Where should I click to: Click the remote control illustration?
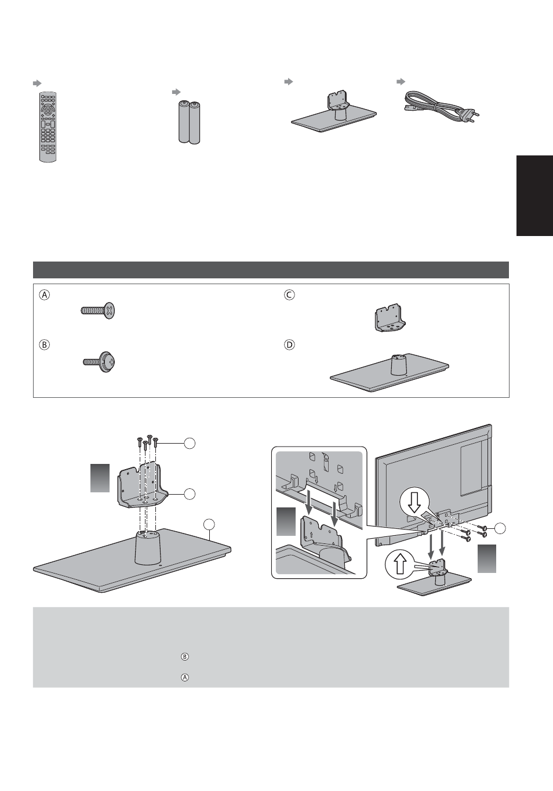[x=48, y=127]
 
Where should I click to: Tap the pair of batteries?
[x=189, y=122]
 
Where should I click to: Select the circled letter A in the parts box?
[x=45, y=295]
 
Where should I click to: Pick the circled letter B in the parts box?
[x=45, y=344]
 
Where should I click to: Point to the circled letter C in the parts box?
[x=289, y=295]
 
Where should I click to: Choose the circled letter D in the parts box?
[x=289, y=344]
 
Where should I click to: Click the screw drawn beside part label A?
[x=98, y=311]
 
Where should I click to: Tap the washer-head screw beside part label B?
[x=99, y=362]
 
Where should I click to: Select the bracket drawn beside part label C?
[x=390, y=317]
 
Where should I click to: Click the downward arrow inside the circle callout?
[x=414, y=505]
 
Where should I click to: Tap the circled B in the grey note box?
[x=185, y=656]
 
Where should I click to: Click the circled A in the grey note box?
[x=185, y=677]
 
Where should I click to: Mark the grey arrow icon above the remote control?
[x=37, y=84]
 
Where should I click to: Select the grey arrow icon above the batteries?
[x=176, y=92]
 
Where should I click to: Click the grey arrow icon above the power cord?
[x=401, y=82]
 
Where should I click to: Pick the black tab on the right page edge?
[x=534, y=195]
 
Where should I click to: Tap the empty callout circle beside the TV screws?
[x=500, y=528]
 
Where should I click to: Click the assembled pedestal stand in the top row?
[x=334, y=113]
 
